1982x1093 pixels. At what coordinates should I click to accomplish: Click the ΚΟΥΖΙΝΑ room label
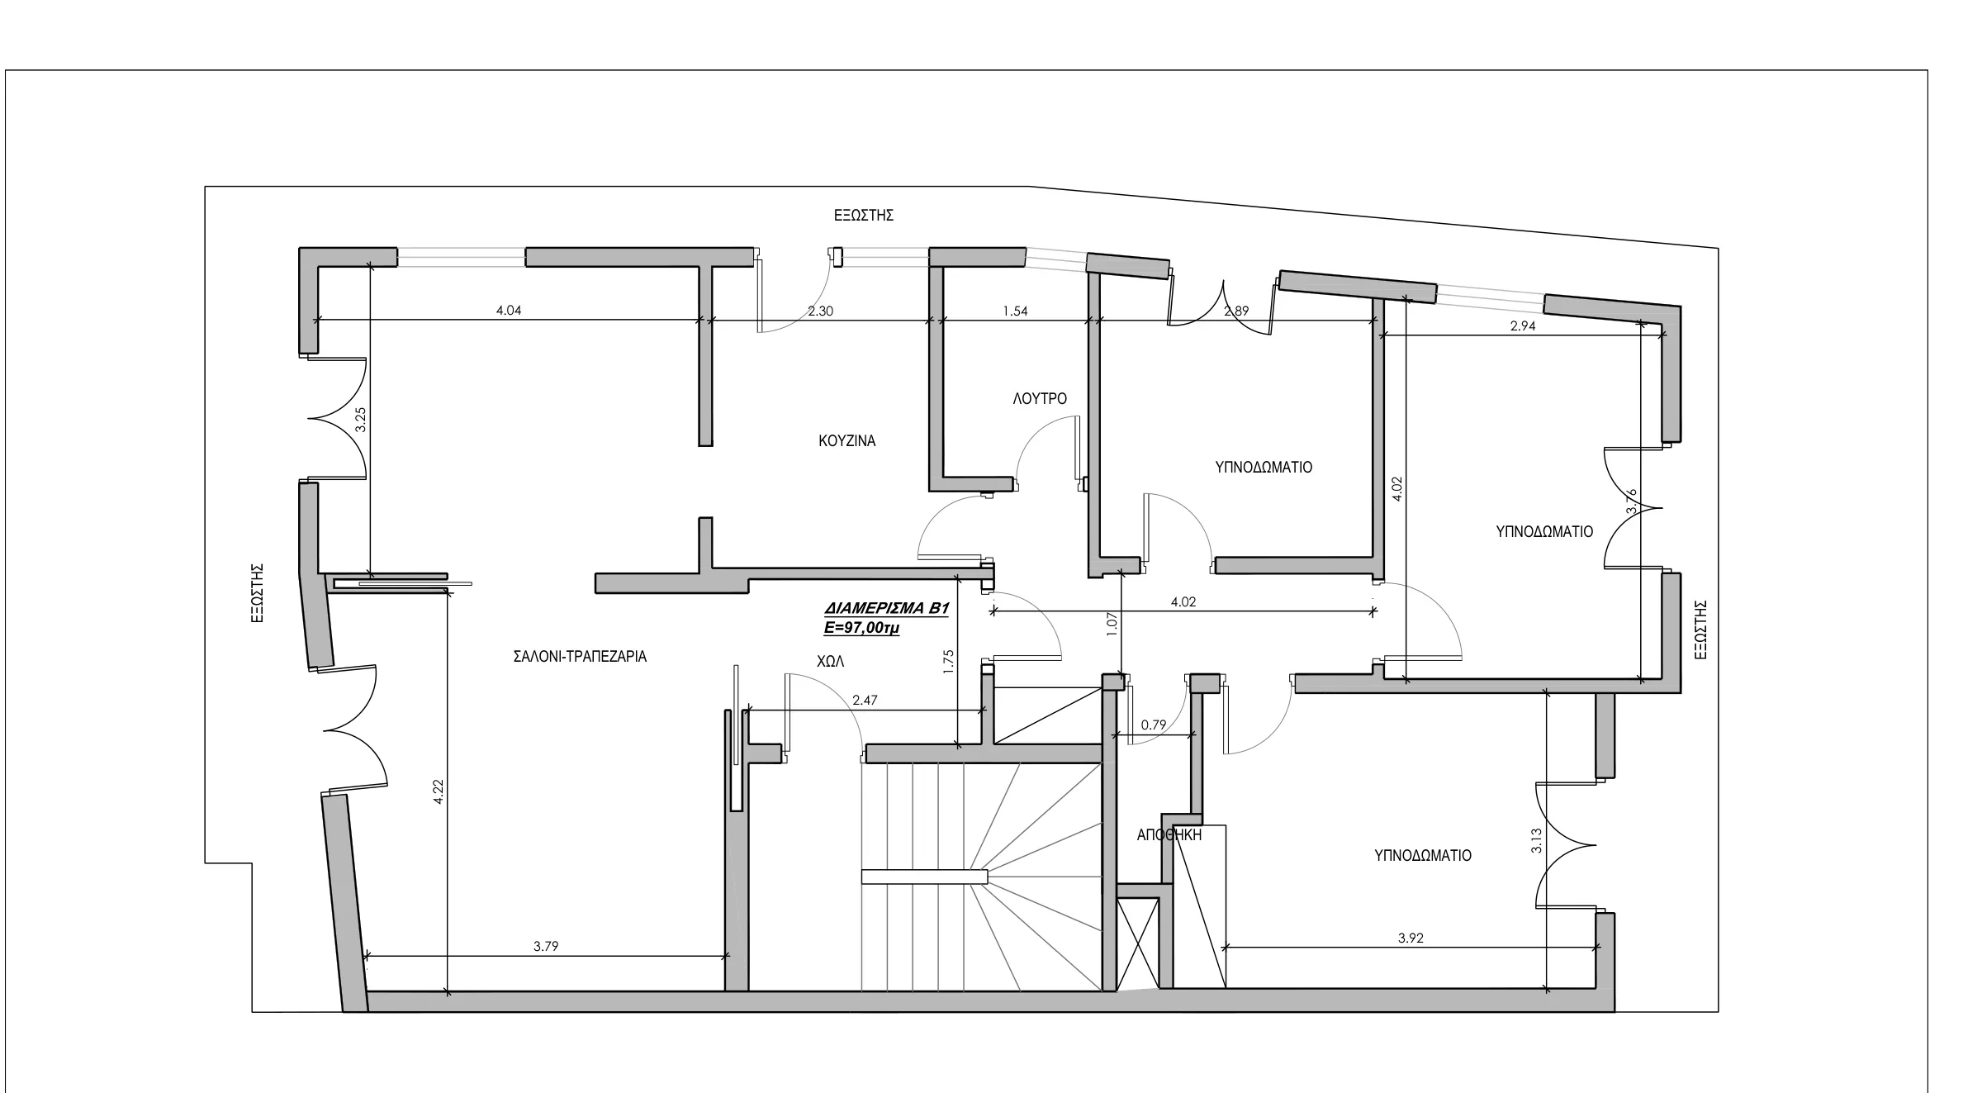pyautogui.click(x=847, y=441)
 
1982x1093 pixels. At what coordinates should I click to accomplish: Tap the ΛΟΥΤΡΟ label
pyautogui.click(x=1040, y=399)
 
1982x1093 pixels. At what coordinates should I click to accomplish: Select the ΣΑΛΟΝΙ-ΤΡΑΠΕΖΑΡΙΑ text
pyautogui.click(x=580, y=657)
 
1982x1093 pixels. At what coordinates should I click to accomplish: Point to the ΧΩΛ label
pyautogui.click(x=831, y=662)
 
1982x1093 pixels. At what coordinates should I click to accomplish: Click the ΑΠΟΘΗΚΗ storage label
pyautogui.click(x=1169, y=835)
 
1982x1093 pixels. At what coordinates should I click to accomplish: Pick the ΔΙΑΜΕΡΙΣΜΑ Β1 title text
pyautogui.click(x=887, y=609)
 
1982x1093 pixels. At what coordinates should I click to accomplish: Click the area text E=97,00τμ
pyautogui.click(x=861, y=628)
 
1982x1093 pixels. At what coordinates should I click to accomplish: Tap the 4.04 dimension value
pyautogui.click(x=509, y=311)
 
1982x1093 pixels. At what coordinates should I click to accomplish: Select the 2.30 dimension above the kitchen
pyautogui.click(x=820, y=311)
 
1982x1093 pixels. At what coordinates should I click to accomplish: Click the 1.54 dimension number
pyautogui.click(x=1015, y=311)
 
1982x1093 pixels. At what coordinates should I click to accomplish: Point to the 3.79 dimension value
pyautogui.click(x=546, y=947)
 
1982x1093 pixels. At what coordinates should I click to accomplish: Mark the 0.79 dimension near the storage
pyautogui.click(x=1154, y=725)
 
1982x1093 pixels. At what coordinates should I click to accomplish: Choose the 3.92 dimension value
pyautogui.click(x=1411, y=939)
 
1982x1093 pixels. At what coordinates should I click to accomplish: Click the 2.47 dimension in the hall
pyautogui.click(x=865, y=701)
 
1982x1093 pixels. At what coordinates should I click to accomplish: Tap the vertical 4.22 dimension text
pyautogui.click(x=439, y=792)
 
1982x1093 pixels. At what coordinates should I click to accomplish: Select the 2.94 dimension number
pyautogui.click(x=1523, y=326)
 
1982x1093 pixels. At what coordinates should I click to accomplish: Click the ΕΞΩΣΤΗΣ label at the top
pyautogui.click(x=864, y=216)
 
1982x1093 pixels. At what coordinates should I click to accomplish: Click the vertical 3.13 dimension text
pyautogui.click(x=1536, y=841)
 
